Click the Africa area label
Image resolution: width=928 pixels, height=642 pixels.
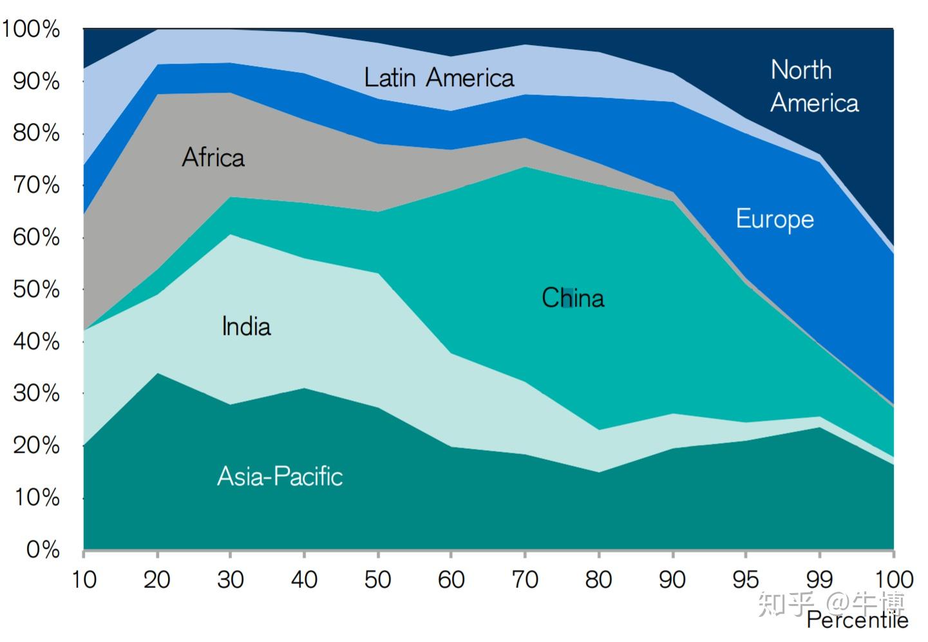(x=213, y=158)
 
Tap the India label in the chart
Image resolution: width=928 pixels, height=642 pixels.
(x=246, y=326)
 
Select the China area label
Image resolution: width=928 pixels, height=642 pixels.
(x=573, y=298)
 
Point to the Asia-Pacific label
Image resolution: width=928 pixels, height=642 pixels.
(x=280, y=477)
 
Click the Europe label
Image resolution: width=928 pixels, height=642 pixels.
(x=775, y=220)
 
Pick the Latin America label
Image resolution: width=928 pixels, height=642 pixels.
(x=439, y=78)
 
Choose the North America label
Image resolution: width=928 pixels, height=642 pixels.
(x=814, y=86)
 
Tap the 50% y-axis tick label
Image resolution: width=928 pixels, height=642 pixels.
(x=36, y=289)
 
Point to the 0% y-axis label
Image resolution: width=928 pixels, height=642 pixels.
(x=43, y=549)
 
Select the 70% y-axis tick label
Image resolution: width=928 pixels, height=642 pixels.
(x=36, y=185)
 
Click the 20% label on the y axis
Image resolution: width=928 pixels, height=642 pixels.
(x=36, y=446)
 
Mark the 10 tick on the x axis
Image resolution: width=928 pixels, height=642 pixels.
(x=84, y=580)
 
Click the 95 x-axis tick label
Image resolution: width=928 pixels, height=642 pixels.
(x=745, y=580)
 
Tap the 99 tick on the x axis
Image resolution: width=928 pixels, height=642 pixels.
(x=819, y=580)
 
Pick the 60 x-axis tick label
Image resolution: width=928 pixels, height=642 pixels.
(x=451, y=580)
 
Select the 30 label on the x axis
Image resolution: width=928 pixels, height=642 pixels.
(x=231, y=580)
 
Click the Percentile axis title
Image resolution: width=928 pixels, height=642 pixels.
(x=857, y=620)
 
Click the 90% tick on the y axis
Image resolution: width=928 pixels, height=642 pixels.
(x=36, y=81)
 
